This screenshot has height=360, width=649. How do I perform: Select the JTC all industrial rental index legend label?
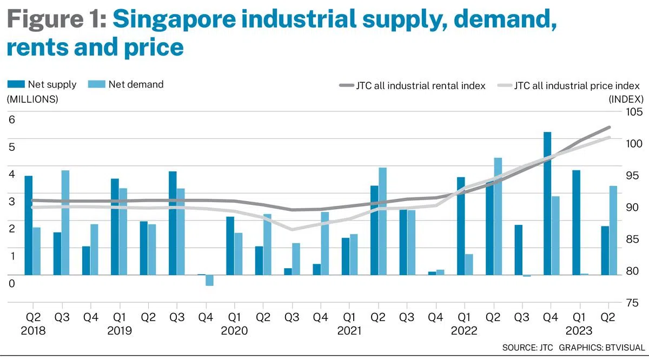420,85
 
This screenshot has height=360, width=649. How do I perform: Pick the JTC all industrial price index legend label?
577,85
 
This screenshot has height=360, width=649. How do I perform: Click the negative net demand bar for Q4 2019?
209,280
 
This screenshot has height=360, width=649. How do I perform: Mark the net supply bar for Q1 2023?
576,223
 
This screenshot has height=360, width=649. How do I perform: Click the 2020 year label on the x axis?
234,331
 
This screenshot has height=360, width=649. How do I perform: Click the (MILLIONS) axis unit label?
32,99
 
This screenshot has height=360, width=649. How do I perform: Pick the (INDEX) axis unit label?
626,99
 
